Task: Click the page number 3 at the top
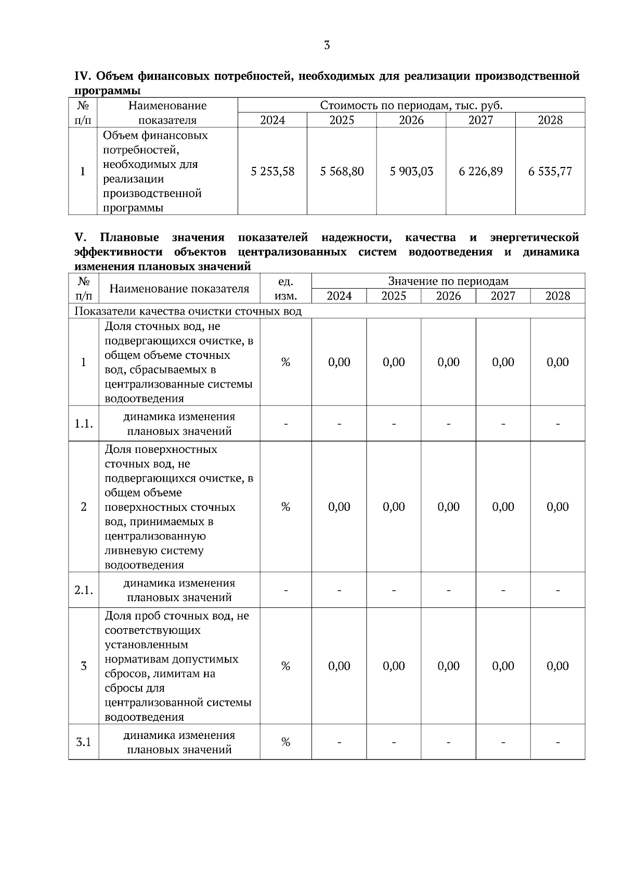(327, 45)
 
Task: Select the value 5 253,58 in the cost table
(272, 171)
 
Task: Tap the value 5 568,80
(342, 171)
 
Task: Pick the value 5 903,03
(411, 171)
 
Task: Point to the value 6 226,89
(480, 171)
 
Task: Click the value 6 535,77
(550, 171)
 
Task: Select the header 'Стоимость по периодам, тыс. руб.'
(411, 106)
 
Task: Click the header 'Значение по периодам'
(448, 281)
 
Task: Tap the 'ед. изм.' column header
(285, 289)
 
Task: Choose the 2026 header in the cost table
(411, 120)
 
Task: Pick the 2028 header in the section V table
(557, 296)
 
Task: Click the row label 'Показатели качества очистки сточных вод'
(188, 311)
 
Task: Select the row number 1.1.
(84, 423)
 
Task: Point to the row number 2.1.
(84, 590)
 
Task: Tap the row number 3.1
(84, 742)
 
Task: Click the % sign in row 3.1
(285, 742)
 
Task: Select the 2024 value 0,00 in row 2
(339, 507)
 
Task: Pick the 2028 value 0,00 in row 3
(557, 666)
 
